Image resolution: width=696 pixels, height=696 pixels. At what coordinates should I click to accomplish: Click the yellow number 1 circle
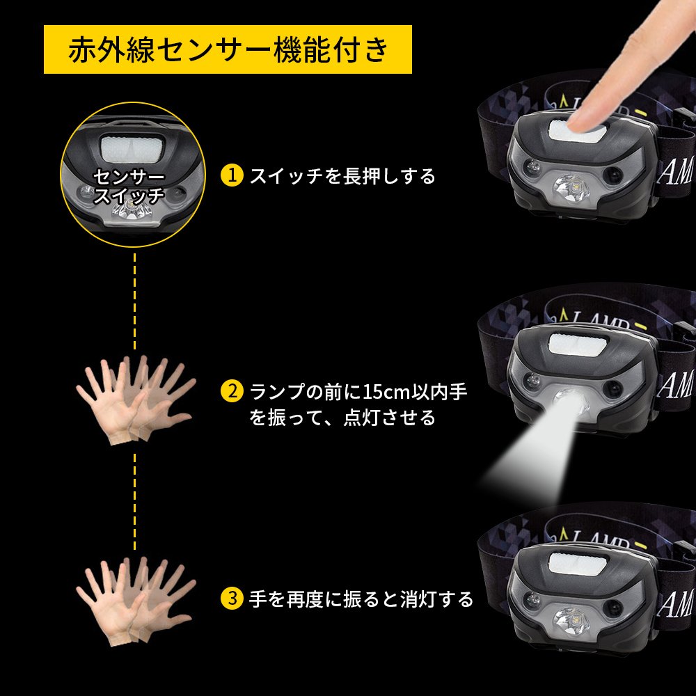pos(232,176)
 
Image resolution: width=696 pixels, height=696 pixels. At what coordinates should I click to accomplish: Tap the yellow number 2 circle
pos(232,392)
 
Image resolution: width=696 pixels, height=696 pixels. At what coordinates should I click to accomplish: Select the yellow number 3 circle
pos(232,599)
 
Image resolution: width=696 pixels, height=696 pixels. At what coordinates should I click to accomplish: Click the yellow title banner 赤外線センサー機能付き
pos(228,49)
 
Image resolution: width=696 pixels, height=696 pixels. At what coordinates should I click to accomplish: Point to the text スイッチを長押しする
pos(342,176)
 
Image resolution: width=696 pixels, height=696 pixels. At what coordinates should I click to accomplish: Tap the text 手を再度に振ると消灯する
pos(361,599)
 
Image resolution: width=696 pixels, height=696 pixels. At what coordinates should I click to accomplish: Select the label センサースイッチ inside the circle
pos(129,186)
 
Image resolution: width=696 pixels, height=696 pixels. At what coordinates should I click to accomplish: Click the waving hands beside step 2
pos(136,400)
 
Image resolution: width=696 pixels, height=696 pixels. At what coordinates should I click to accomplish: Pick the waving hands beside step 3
pos(136,601)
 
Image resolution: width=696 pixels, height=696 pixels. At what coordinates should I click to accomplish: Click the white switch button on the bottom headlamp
pos(578,563)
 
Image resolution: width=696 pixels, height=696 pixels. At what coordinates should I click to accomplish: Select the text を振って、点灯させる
pos(342,418)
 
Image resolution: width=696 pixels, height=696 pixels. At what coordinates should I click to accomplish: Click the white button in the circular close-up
pos(133,148)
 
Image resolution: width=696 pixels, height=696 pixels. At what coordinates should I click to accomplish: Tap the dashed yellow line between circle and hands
pos(135,302)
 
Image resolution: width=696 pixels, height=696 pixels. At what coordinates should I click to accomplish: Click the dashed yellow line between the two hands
pos(135,502)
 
